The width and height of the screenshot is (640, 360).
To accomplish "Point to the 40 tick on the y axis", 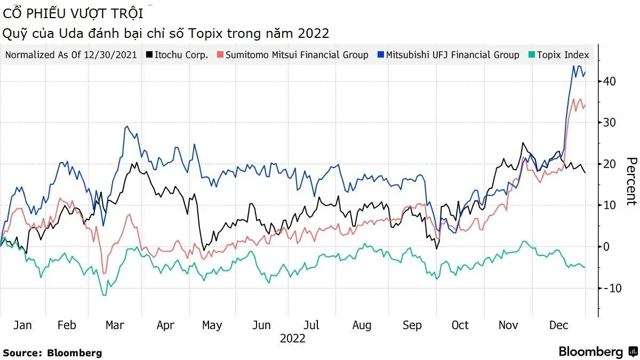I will tap(610, 82).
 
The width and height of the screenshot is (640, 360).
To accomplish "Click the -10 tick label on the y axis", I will tap(607, 288).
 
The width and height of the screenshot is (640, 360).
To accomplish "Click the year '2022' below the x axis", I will tap(293, 339).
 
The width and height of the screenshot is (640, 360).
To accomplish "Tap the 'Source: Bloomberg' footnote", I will tap(52, 353).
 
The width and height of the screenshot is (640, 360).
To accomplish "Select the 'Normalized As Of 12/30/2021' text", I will tap(71, 55).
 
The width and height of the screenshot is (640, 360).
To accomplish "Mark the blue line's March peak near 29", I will tap(126, 126).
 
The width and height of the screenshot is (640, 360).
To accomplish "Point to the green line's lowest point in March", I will tap(105, 295).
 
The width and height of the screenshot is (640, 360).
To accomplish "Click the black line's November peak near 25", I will tap(523, 143).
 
